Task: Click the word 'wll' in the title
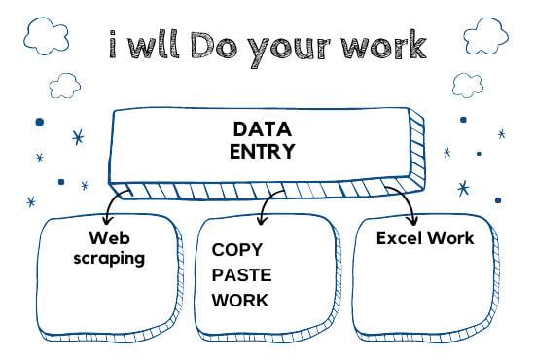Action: point(160,45)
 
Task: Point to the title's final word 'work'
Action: point(382,45)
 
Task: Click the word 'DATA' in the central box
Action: point(262,129)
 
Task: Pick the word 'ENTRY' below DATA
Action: point(262,152)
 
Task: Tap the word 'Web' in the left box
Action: point(109,237)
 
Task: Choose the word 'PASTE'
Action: point(242,274)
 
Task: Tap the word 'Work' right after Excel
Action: point(454,237)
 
